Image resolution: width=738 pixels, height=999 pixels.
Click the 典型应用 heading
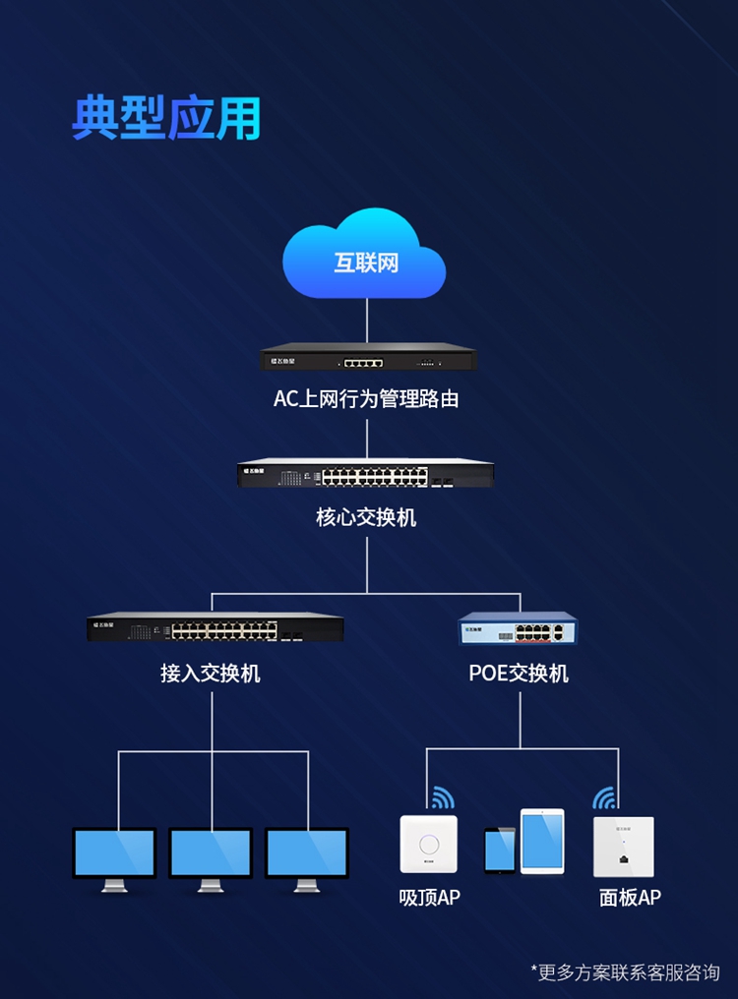(166, 117)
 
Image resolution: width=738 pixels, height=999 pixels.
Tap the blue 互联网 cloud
(365, 258)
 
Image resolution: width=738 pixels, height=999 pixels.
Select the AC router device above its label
(367, 358)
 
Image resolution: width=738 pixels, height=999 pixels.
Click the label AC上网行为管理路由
(366, 399)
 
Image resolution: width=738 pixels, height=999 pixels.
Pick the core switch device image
(366, 474)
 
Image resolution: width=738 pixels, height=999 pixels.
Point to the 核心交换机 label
(366, 516)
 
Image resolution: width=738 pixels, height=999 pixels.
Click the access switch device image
(215, 627)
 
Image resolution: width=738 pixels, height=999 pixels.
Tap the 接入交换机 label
(211, 674)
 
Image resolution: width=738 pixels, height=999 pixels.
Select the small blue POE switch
(519, 629)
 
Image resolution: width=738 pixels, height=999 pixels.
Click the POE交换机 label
(519, 674)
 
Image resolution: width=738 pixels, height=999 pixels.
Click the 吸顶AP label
(429, 897)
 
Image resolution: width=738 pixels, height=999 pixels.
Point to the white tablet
(542, 842)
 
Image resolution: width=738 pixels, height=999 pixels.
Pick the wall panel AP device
(623, 846)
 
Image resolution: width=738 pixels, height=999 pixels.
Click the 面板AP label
(630, 897)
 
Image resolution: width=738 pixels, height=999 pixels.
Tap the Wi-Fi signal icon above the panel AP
(604, 797)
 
